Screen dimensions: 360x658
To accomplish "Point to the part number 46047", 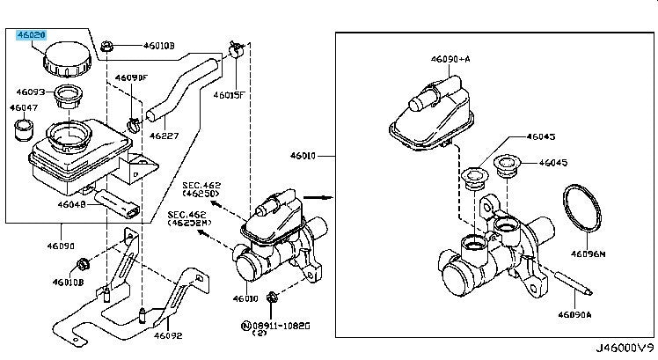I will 24,107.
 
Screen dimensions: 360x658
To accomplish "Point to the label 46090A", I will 576,312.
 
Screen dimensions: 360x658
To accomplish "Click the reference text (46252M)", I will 188,224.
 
